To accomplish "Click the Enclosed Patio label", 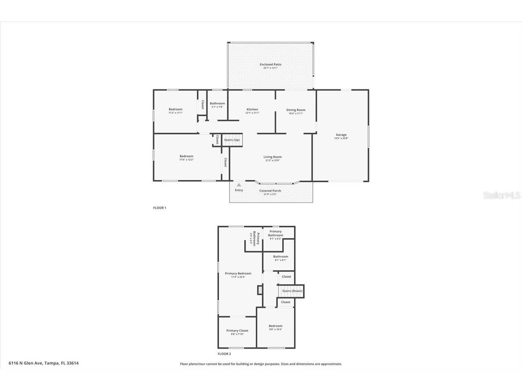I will pos(270,65).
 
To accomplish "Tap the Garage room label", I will pos(341,135).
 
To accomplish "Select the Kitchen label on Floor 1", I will pos(252,110).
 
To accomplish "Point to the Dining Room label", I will pos(296,110).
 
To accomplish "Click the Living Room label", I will pos(272,157).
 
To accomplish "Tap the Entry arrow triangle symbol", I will pos(239,185).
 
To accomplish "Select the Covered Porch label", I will pos(270,191).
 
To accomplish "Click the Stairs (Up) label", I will pos(232,140).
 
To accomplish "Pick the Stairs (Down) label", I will pos(292,291).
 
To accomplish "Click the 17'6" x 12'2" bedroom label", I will pos(186,156).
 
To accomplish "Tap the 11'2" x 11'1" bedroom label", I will pos(175,109).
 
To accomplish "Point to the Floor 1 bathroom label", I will pos(217,103).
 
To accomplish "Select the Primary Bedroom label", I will pos(238,274).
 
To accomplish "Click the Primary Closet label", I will pos(237,331).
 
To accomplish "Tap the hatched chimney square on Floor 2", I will pos(260,290).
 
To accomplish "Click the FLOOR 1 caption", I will pos(159,208).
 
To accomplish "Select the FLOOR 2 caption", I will pos(224,354).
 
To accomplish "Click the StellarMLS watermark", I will pos(502,195).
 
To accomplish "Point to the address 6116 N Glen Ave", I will pos(44,363).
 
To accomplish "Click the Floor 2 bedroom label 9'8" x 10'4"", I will pos(275,326).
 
